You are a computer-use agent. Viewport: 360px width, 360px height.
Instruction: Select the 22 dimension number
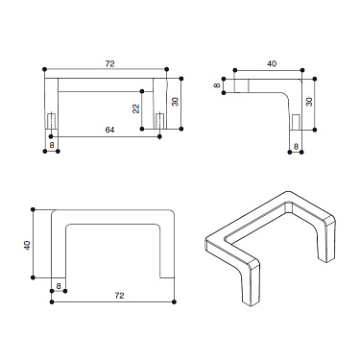tap(137, 108)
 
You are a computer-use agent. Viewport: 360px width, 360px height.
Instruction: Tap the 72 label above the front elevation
tap(109, 63)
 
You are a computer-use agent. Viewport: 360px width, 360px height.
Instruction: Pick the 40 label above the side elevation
tap(272, 64)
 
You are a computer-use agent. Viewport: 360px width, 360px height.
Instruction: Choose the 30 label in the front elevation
tap(176, 100)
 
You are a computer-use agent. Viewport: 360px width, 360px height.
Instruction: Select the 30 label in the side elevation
tap(309, 100)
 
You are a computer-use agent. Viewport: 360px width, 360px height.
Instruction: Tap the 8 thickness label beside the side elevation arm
tap(216, 84)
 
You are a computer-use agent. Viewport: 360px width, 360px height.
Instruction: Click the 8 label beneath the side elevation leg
tap(296, 145)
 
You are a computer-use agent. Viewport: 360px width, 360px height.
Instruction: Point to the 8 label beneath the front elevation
tap(51, 145)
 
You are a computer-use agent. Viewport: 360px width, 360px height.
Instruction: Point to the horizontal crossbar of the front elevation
tap(108, 80)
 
